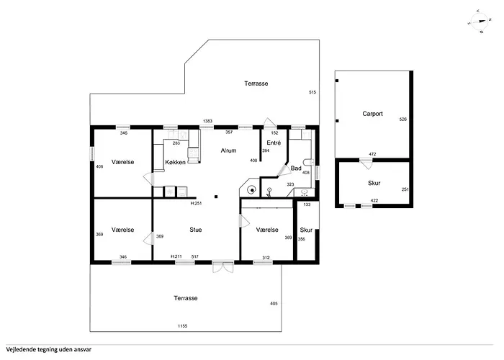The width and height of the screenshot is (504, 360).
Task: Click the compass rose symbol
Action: coord(480,22)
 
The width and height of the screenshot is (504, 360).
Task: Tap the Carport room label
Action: coord(372,114)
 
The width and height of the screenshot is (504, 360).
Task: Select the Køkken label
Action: coord(175,162)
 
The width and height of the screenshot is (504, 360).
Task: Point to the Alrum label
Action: coord(228,150)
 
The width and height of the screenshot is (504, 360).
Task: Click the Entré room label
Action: coord(274,143)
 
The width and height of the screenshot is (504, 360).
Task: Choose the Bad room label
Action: coord(296,168)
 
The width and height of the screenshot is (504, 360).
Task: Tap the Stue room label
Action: coord(196,230)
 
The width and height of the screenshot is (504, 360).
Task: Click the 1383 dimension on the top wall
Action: coord(207,121)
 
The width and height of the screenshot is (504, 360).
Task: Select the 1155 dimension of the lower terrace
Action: coord(183,326)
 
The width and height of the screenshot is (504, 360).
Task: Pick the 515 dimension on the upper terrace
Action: coord(312,92)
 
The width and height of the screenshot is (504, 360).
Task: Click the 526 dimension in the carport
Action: coord(402,120)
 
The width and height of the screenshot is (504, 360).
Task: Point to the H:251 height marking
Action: coord(196,203)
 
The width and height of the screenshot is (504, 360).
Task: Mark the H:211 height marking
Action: coord(176,256)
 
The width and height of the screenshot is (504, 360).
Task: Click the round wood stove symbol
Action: coord(252,190)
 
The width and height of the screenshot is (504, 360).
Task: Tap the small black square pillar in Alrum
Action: coord(216,197)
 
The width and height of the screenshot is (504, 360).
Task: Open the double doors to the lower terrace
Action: coord(222,267)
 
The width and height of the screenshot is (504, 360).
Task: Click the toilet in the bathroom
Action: coord(308,162)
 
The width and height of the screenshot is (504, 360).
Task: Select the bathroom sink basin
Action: coord(304,192)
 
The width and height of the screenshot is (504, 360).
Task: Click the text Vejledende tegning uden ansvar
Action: coord(48,350)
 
